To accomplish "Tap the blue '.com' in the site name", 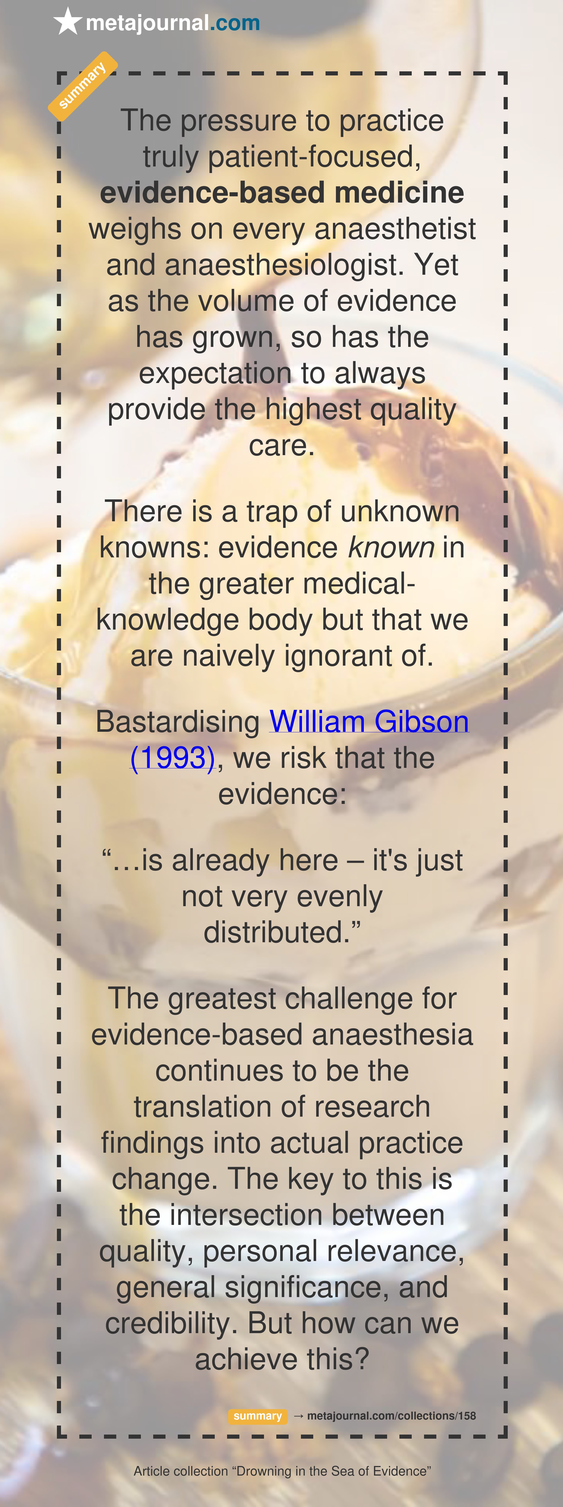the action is (x=235, y=23).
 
